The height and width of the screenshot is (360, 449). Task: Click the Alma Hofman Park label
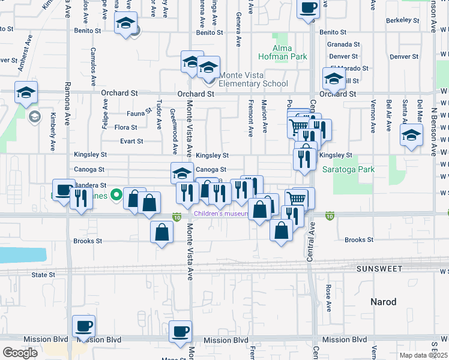pyautogui.click(x=291, y=52)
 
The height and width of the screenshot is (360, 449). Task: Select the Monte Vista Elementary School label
pyautogui.click(x=253, y=79)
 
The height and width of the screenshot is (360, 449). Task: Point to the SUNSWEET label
pyautogui.click(x=380, y=269)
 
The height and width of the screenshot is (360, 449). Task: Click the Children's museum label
pyautogui.click(x=220, y=214)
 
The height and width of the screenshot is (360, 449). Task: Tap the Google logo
pyautogui.click(x=19, y=353)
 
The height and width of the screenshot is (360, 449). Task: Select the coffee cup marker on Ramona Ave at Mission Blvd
pyautogui.click(x=83, y=326)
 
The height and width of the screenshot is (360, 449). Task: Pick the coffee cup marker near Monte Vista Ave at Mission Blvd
pyautogui.click(x=179, y=331)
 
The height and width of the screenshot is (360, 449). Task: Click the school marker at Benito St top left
pyautogui.click(x=125, y=23)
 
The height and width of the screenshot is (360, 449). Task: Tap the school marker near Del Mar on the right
pyautogui.click(x=411, y=136)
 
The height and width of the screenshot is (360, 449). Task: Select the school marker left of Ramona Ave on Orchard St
pyautogui.click(x=26, y=93)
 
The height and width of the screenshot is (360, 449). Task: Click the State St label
pyautogui.click(x=43, y=275)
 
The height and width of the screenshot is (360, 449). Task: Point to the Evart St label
pyautogui.click(x=131, y=142)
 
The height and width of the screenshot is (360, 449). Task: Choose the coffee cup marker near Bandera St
pyautogui.click(x=63, y=190)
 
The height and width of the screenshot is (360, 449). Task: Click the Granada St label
pyautogui.click(x=343, y=44)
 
